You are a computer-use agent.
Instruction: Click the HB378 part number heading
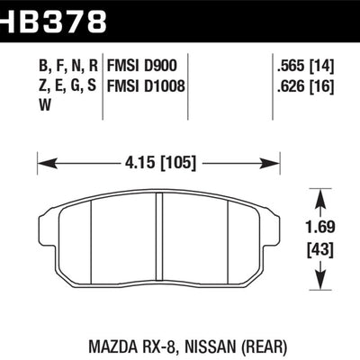pyautogui.click(x=53, y=20)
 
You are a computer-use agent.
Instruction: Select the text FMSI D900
pyautogui.click(x=142, y=66)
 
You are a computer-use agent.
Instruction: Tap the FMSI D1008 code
pyautogui.click(x=146, y=86)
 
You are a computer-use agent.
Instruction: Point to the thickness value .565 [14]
pyautogui.click(x=305, y=67)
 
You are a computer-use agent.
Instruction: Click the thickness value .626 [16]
pyautogui.click(x=305, y=86)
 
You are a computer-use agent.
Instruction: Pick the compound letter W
pyautogui.click(x=45, y=105)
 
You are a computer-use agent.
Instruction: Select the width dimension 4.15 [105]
pyautogui.click(x=160, y=164)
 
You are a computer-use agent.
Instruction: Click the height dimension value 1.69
pyautogui.click(x=320, y=228)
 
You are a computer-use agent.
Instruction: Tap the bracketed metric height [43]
pyautogui.click(x=320, y=249)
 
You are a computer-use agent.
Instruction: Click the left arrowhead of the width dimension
pyautogui.click(x=48, y=164)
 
